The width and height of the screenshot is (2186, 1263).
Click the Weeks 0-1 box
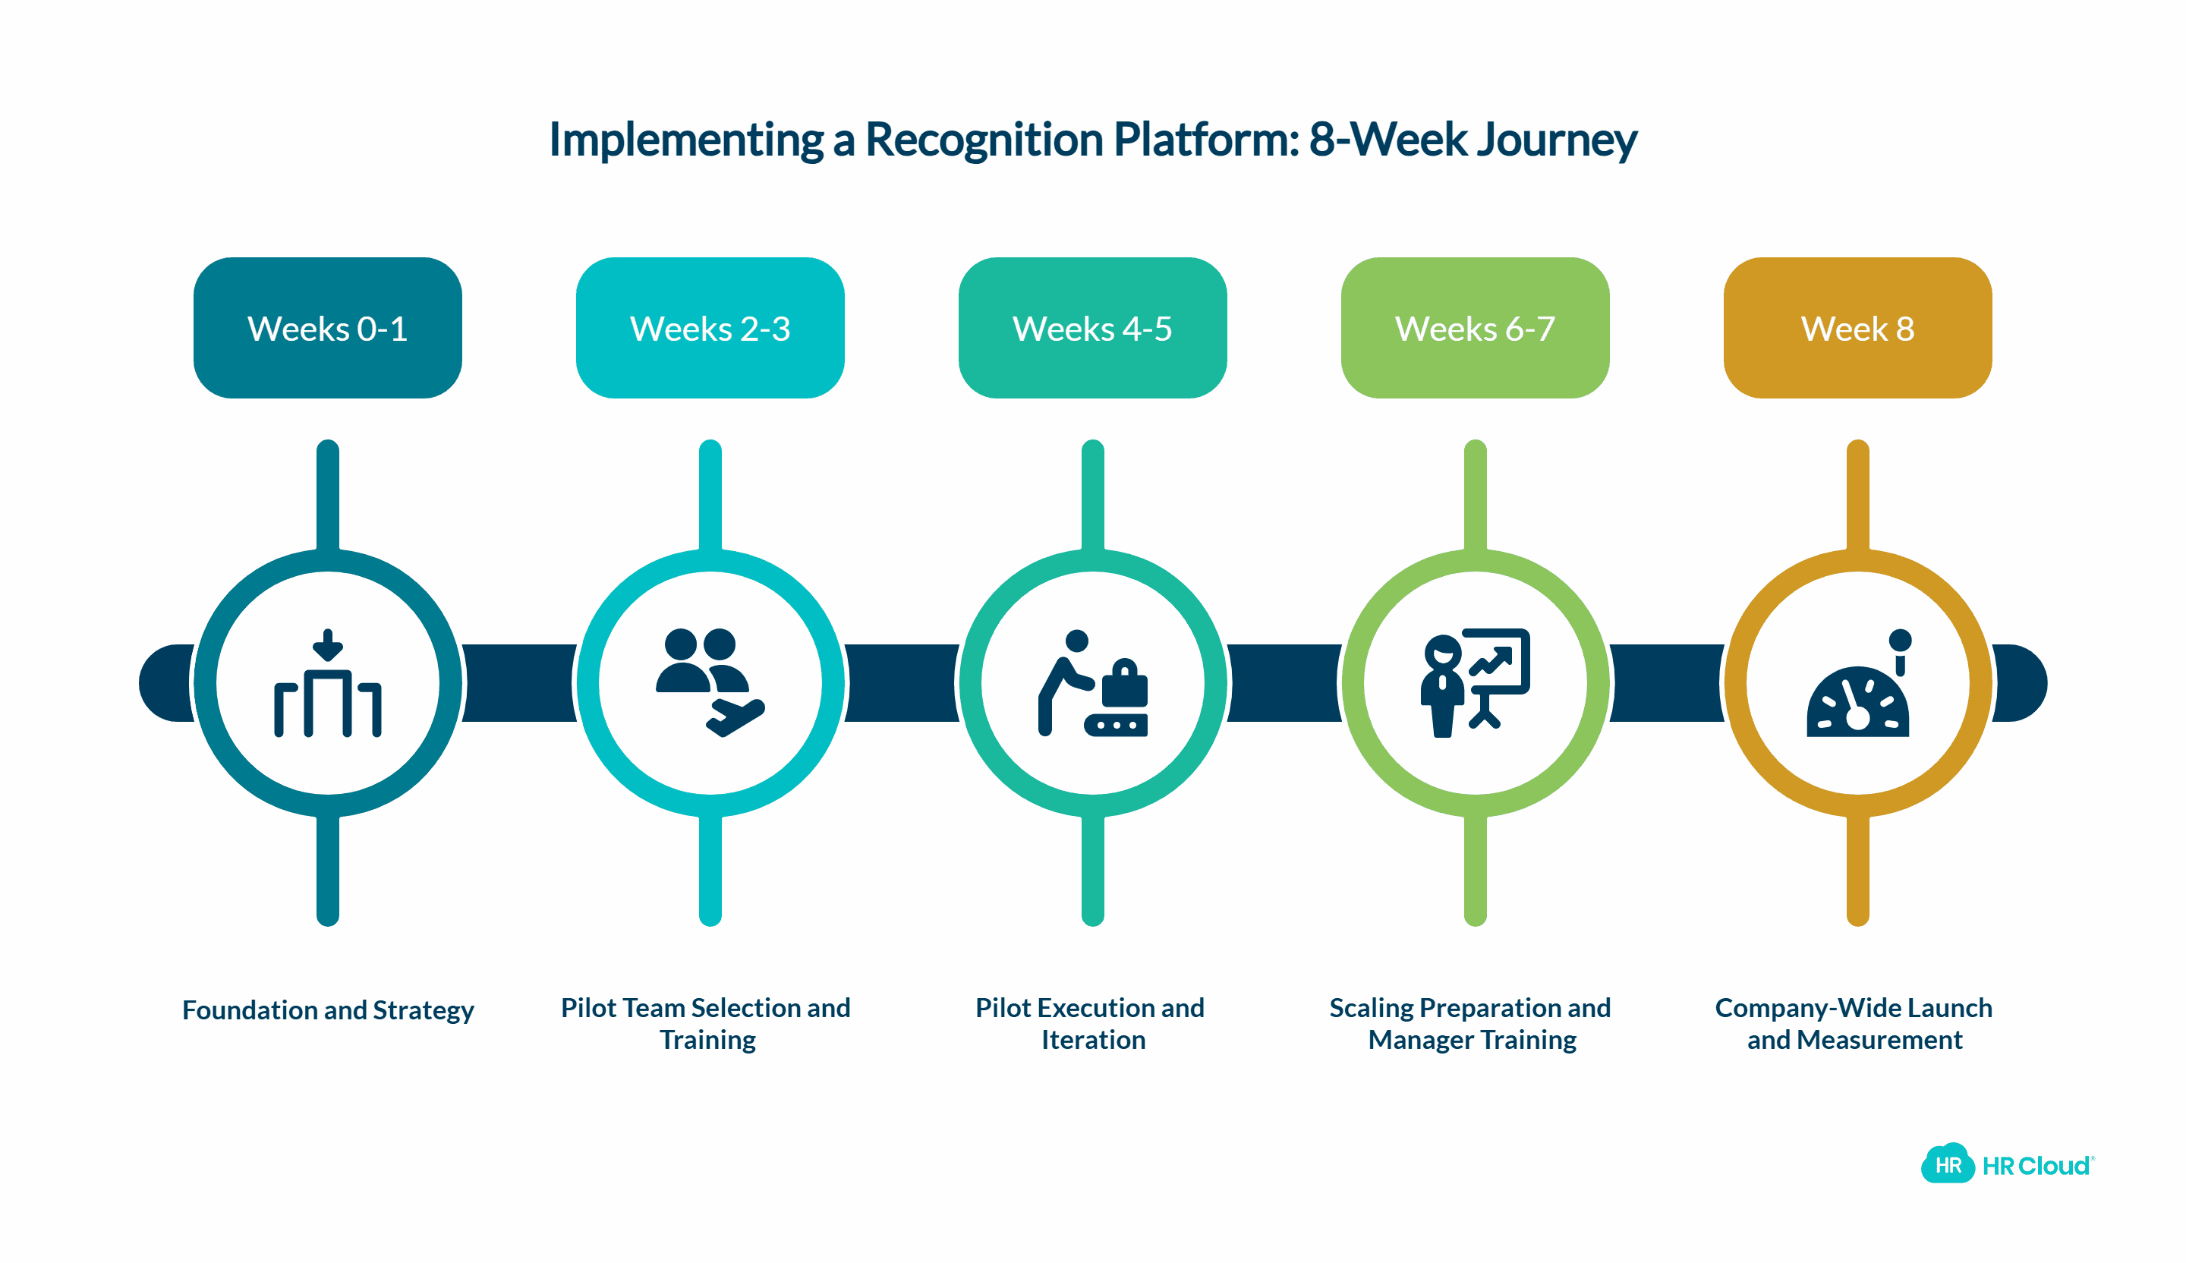(327, 328)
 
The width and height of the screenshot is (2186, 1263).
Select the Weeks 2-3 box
(710, 328)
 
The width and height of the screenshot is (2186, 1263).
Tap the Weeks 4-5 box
(1092, 328)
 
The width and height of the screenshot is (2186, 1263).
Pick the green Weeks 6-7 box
(1475, 328)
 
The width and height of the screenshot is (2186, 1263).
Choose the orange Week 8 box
(1857, 328)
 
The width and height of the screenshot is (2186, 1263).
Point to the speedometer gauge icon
(1857, 694)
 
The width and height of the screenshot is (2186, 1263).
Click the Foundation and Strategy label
(328, 1009)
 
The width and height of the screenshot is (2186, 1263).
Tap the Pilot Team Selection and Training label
(706, 1024)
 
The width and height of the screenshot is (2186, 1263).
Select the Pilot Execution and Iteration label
(1091, 1024)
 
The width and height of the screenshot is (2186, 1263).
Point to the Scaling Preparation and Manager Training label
(1470, 1024)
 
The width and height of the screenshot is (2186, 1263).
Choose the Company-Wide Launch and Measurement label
(1854, 1024)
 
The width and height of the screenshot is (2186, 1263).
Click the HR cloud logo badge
(1948, 1165)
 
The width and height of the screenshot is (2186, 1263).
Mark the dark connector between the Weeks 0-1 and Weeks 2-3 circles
(518, 682)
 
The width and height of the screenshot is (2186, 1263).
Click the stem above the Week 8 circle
(1857, 494)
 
